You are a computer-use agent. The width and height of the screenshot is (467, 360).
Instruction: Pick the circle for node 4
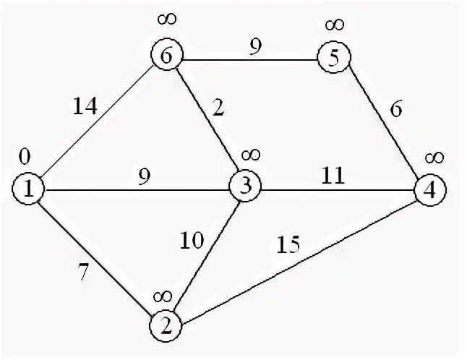tap(430, 191)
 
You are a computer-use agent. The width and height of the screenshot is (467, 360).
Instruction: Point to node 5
tap(333, 58)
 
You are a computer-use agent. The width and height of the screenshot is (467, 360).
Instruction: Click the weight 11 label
tap(333, 176)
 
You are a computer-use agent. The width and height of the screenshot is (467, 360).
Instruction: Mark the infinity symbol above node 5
tap(334, 25)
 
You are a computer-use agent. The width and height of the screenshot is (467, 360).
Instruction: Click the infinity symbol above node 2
tap(162, 295)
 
